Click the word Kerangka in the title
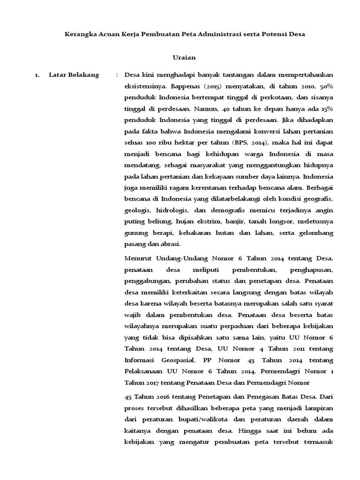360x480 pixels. point(80,35)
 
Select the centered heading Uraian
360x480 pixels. point(184,58)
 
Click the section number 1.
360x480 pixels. point(37,75)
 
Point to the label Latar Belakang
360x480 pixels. point(74,75)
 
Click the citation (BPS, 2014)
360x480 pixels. point(251,143)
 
